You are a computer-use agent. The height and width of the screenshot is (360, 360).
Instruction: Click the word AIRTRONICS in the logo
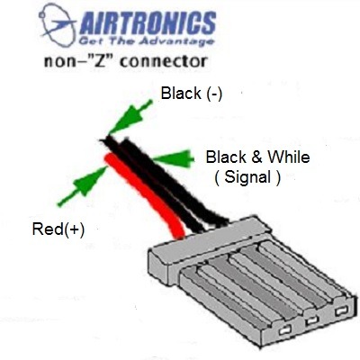148,23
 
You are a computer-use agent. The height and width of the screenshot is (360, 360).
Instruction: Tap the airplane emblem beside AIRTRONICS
58,24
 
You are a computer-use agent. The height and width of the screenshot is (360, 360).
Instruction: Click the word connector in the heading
164,61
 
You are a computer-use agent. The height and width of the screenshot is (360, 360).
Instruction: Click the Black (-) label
192,94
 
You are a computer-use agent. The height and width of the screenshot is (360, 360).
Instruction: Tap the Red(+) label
58,229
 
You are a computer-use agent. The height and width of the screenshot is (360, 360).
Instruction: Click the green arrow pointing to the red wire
82,186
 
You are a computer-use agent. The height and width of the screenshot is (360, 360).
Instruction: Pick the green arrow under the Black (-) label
130,117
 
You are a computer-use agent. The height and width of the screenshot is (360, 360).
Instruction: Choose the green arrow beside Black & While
173,158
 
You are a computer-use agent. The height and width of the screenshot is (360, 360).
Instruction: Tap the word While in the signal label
288,157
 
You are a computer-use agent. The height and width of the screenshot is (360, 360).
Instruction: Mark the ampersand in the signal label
256,157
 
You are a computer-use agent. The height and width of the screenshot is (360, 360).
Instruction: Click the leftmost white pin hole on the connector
284,331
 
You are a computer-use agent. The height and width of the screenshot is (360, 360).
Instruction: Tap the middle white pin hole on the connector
311,320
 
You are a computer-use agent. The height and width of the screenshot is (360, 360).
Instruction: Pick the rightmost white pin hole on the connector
341,310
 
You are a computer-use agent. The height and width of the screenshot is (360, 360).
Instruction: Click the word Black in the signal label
226,157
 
